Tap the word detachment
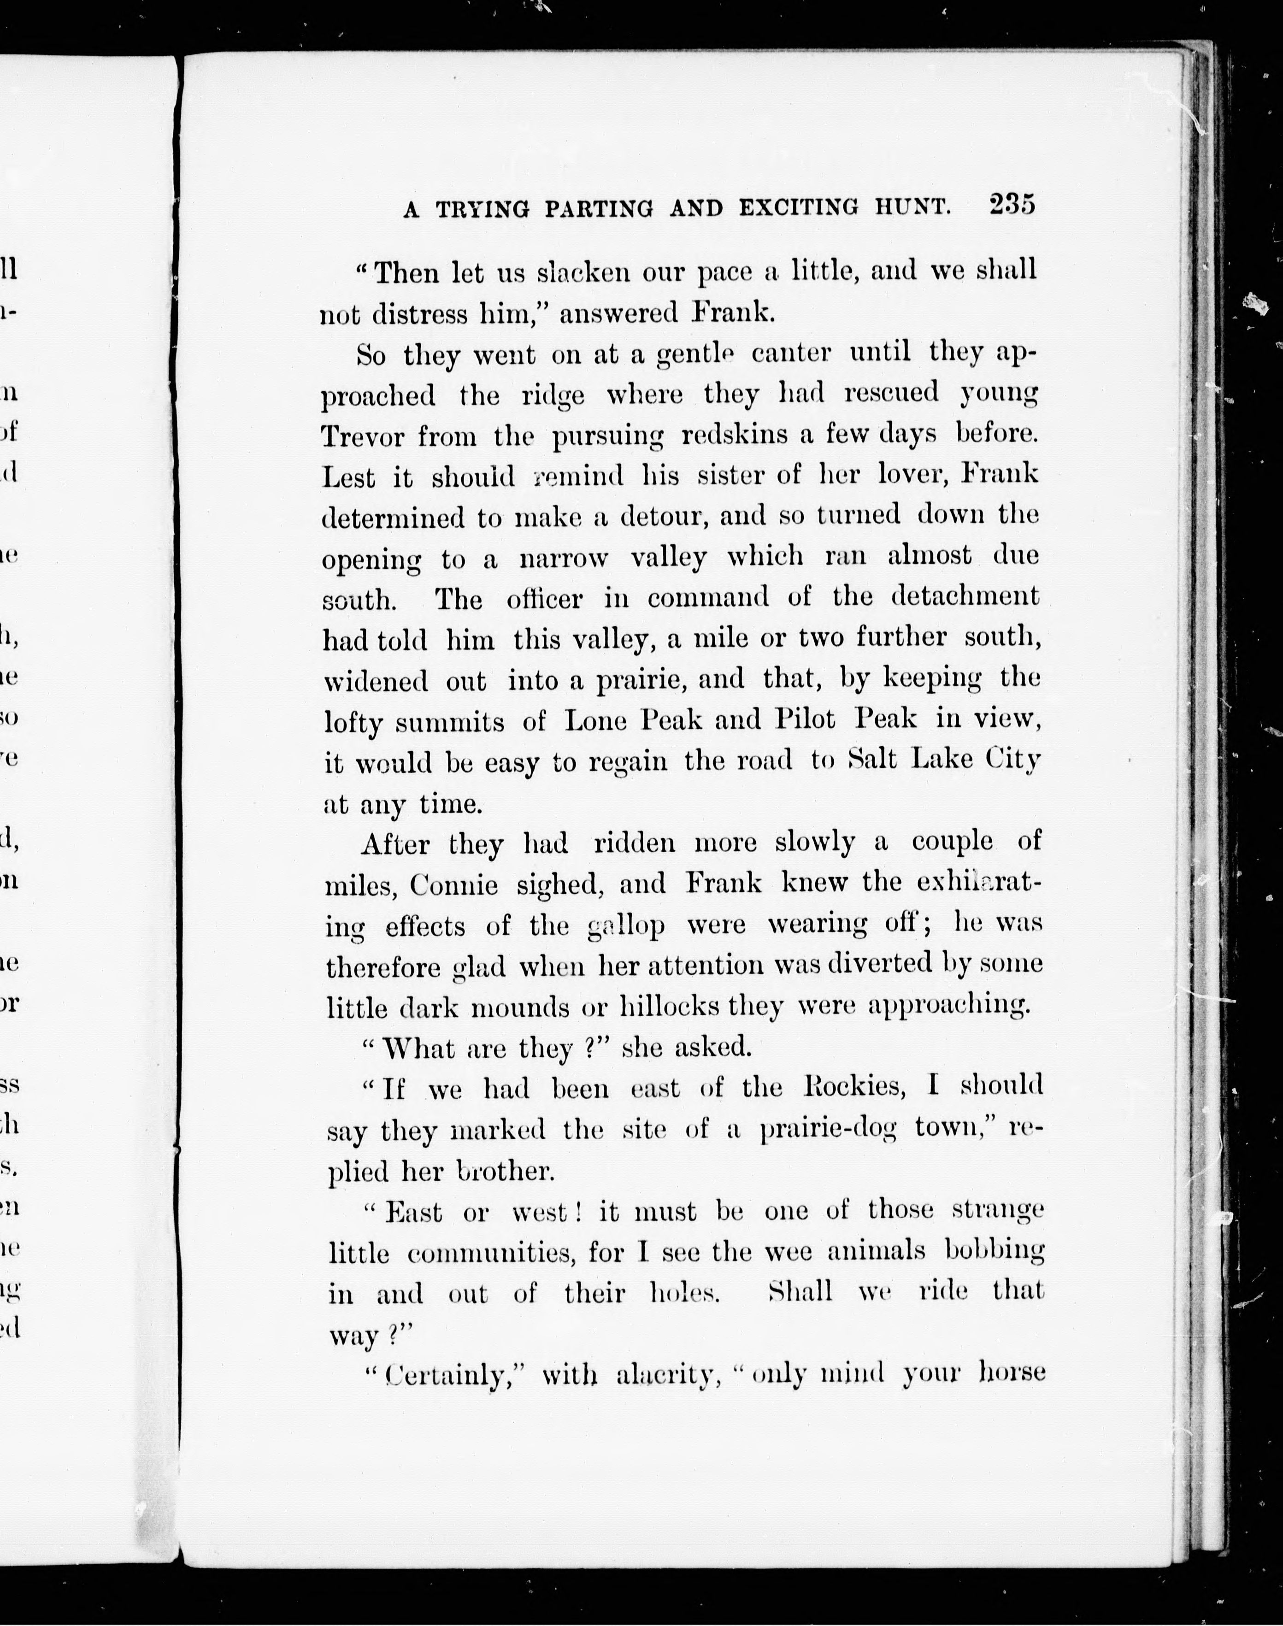[x=965, y=597]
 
